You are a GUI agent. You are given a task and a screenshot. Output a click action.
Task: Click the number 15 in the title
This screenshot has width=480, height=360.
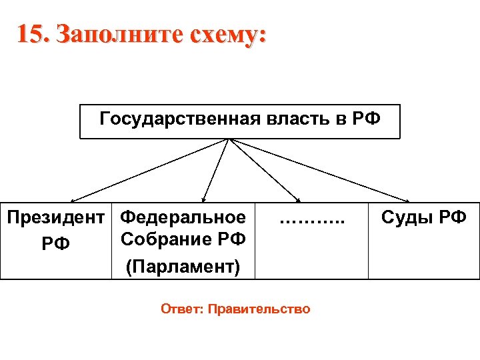point(31,34)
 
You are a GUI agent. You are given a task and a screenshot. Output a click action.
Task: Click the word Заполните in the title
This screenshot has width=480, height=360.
point(113,34)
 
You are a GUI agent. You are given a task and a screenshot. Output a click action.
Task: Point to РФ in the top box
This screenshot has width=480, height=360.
point(366,120)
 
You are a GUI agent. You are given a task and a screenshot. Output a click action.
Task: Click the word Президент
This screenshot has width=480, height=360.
point(55,218)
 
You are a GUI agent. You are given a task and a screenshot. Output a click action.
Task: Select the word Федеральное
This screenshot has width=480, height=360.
point(183,218)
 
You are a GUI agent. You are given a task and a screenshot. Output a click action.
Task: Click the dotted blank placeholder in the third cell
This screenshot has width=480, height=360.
point(312,219)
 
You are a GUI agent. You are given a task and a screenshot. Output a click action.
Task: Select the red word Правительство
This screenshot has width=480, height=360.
point(259,309)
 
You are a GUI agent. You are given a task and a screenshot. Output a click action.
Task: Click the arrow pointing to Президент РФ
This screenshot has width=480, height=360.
point(147,171)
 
